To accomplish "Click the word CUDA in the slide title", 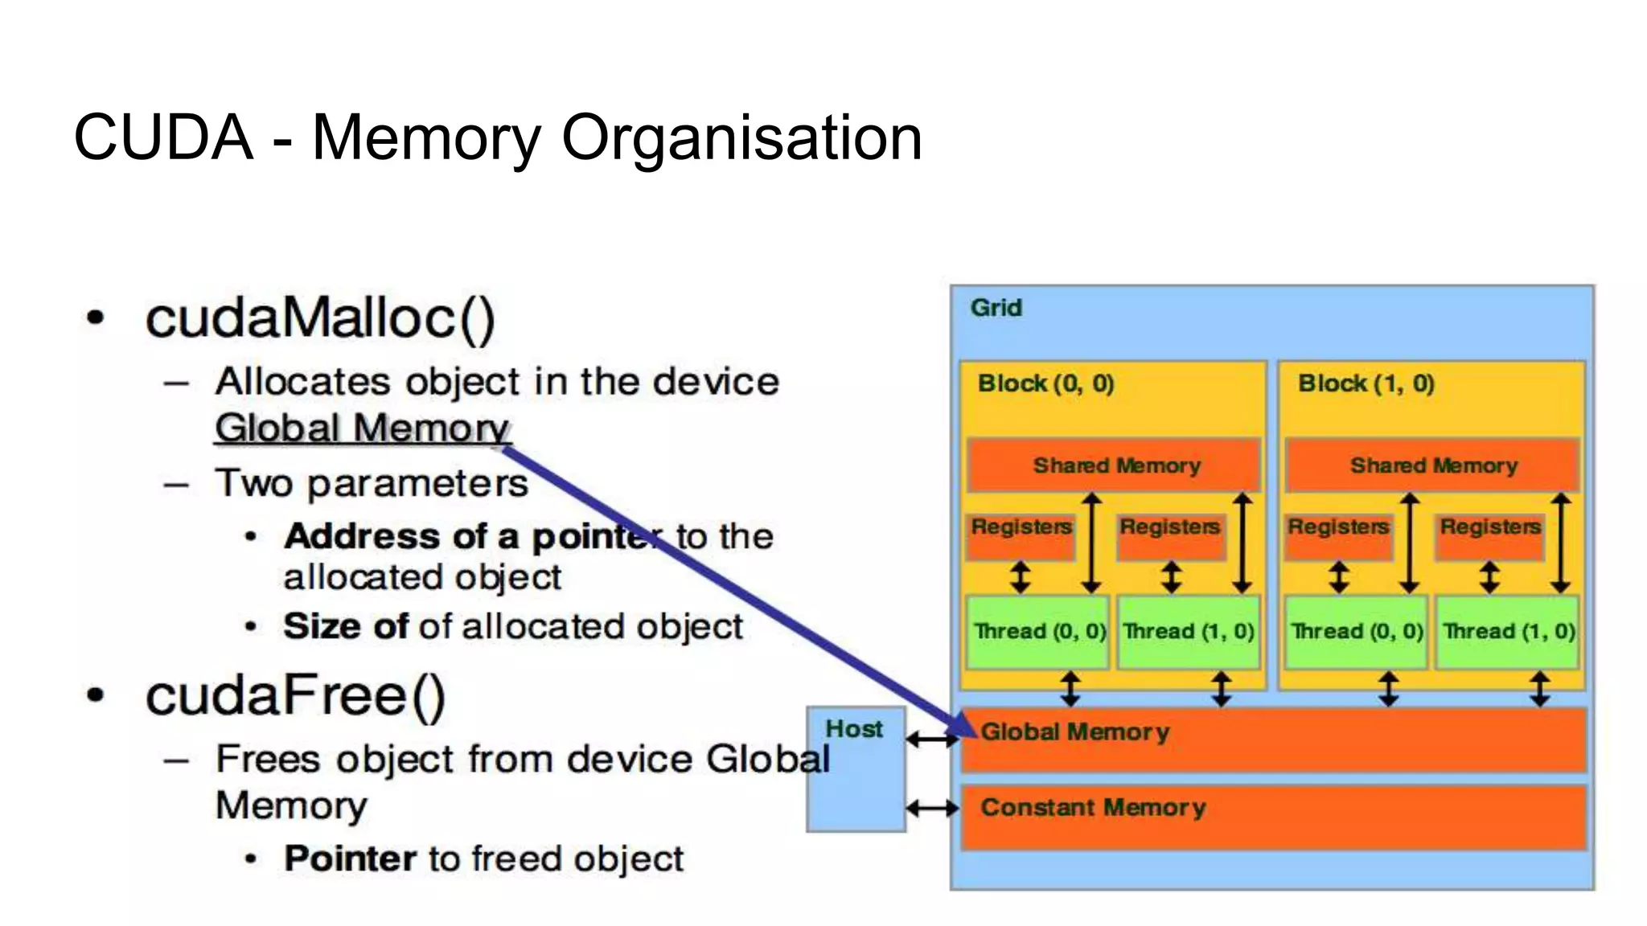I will (163, 137).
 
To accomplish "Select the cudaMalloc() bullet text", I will (320, 318).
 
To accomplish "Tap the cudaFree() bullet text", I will (295, 695).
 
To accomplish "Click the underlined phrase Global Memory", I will (362, 428).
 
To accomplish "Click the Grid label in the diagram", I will (996, 308).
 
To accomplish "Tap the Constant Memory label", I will (1093, 807).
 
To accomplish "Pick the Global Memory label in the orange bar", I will (1074, 731).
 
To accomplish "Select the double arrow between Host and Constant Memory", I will (932, 807).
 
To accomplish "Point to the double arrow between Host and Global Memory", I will (932, 739).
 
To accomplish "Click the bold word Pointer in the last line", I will (350, 858).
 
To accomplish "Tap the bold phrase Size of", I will (346, 626).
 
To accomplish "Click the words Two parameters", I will (372, 483).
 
